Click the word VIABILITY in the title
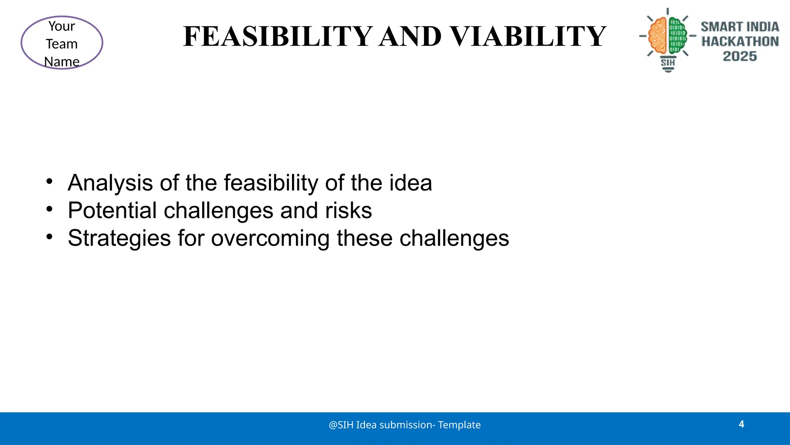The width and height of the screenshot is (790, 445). tap(528, 37)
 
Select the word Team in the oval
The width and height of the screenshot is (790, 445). tap(62, 44)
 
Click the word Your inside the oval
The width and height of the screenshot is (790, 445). tap(62, 26)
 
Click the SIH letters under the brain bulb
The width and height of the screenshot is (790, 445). tap(668, 63)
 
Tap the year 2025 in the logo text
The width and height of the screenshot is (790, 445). tap(739, 56)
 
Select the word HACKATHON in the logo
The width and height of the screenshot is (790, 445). tap(740, 41)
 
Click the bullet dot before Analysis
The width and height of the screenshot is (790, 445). tap(49, 181)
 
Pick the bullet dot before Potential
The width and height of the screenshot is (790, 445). tap(49, 209)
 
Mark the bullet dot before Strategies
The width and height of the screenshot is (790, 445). tap(49, 236)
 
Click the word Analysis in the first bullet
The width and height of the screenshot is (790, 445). tap(110, 183)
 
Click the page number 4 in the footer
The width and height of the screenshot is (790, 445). tap(741, 424)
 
